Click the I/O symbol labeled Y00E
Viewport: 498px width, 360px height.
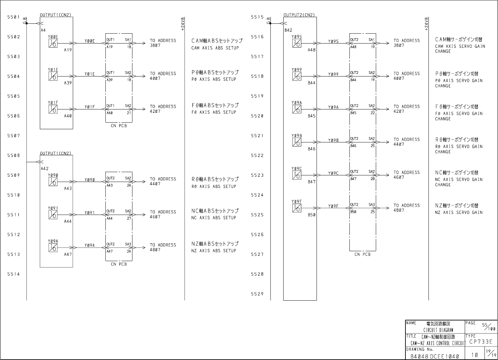coord(53,43)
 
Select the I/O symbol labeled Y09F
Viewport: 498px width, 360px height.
coord(296,208)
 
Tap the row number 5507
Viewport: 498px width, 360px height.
coord(14,136)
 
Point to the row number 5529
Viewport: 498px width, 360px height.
coord(257,294)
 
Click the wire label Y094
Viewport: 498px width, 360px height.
coord(90,245)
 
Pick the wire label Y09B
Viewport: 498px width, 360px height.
coord(333,140)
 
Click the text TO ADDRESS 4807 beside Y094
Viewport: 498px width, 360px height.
coord(163,247)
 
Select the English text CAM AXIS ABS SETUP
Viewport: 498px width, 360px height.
coord(215,48)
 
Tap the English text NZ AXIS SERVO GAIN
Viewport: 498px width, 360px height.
coord(459,213)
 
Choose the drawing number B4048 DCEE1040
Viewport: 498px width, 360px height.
coord(435,356)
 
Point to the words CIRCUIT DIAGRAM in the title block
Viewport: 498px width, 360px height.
coord(438,330)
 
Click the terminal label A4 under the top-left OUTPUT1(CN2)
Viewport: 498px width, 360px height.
coord(43,30)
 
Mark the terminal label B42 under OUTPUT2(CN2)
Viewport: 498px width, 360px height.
coord(288,30)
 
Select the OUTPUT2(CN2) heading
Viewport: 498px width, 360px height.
coord(299,15)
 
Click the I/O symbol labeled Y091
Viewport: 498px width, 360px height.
coord(53,215)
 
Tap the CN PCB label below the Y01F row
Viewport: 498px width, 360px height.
coord(119,126)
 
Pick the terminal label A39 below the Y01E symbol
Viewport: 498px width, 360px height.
coord(68,83)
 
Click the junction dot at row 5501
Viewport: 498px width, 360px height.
coord(27,23)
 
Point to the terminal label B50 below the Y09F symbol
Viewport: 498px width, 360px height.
coord(312,215)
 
